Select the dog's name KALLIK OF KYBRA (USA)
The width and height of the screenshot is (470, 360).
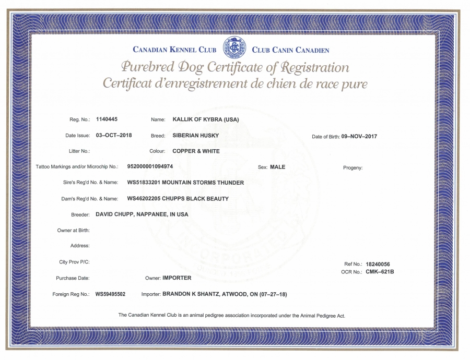pos(205,119)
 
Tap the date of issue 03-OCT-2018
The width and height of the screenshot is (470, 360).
pos(114,135)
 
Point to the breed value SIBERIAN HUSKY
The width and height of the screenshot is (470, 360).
pos(195,135)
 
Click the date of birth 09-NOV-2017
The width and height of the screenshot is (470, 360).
pos(359,136)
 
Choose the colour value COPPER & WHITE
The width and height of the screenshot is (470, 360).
pos(196,151)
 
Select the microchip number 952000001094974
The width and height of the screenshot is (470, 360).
pos(150,167)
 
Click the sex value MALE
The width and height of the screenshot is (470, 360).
pos(278,167)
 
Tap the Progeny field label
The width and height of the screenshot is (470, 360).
pos(352,168)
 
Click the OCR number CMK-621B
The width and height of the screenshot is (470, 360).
pos(380,272)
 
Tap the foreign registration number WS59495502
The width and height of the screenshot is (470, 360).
pos(110,294)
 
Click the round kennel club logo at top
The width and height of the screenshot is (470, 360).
pos(234,48)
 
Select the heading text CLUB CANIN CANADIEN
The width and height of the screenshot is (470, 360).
pos(290,51)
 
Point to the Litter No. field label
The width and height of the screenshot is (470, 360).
pos(79,151)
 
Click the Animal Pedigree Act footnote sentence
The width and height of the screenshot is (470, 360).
pos(232,315)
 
